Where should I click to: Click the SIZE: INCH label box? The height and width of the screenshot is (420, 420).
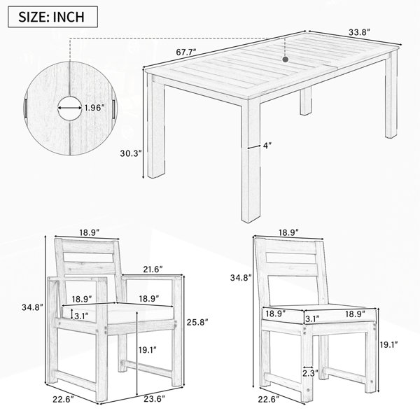52,17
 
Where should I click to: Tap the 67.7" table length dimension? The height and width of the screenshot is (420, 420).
186,52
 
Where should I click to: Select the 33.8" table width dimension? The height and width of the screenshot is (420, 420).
359,32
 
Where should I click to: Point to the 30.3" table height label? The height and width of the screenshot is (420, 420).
130,153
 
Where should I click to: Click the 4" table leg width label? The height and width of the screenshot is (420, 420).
267,146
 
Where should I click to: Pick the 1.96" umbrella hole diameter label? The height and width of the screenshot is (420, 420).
94,108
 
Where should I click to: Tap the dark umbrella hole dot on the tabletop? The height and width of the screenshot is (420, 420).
286,59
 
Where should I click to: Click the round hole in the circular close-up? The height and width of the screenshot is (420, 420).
70,108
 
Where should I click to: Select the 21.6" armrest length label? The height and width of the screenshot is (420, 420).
153,269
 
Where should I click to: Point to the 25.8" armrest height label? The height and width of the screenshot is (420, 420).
197,322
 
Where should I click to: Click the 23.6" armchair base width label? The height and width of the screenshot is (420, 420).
155,399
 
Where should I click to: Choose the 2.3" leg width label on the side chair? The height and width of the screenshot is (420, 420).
310,373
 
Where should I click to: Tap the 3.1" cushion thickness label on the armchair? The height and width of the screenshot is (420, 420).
81,316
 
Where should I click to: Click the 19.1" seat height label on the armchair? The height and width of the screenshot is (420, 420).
148,349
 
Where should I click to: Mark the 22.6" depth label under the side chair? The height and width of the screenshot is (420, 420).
269,399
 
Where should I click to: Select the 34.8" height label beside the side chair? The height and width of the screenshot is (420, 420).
241,278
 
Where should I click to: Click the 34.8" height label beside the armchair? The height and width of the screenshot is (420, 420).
32,307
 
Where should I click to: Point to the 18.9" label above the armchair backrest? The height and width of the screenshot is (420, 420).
90,232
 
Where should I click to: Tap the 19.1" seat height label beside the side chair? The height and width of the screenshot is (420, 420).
388,344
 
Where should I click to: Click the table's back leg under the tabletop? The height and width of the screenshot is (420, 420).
306,101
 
